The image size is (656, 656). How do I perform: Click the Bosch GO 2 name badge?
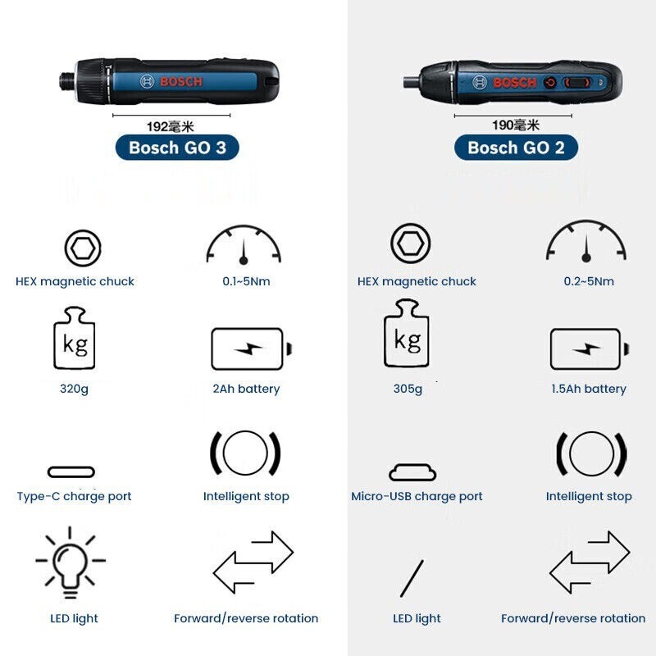tap(517, 148)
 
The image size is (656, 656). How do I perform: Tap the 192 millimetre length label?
tap(170, 125)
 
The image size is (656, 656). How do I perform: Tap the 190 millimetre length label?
tap(515, 125)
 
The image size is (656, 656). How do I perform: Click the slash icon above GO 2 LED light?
tap(412, 578)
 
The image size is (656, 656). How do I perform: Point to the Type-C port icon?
tap(71, 472)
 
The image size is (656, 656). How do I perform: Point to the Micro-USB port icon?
tap(412, 472)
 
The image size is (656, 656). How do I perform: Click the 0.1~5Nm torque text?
tap(246, 281)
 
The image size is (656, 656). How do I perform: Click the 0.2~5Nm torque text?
tap(588, 281)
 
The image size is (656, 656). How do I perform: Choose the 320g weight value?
tap(74, 389)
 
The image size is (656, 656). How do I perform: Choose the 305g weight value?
tap(408, 389)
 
